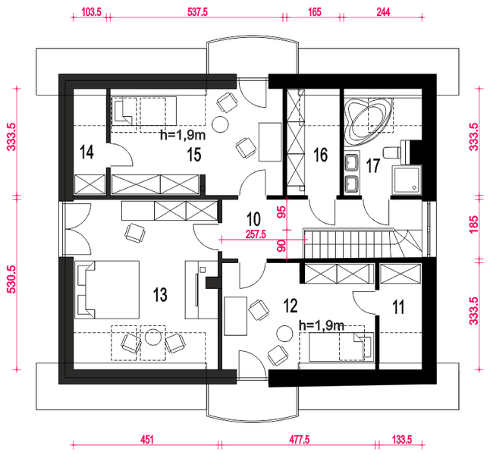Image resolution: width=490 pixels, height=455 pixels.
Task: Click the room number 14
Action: click(86, 152)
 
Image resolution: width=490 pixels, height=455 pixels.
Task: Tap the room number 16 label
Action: click(321, 155)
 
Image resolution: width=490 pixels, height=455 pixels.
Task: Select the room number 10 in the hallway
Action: click(253, 218)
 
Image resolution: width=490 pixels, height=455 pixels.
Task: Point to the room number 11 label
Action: click(398, 306)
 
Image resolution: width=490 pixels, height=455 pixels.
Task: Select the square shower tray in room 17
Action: click(407, 180)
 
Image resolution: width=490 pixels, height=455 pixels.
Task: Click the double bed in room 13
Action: click(107, 290)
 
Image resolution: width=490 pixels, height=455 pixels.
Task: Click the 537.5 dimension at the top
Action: click(197, 12)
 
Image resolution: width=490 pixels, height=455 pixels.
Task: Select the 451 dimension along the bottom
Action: click(147, 440)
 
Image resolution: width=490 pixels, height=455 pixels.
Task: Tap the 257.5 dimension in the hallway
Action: click(256, 234)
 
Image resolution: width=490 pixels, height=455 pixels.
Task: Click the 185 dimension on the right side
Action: click(474, 224)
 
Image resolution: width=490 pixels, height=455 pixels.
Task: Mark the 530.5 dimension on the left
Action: click(11, 280)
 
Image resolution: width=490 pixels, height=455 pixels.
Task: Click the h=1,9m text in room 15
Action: click(183, 135)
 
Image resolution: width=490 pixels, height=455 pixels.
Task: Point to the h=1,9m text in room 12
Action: click(322, 325)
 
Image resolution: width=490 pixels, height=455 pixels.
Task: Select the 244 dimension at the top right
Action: click(383, 12)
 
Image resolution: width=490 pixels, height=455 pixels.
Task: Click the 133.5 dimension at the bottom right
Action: click(402, 440)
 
